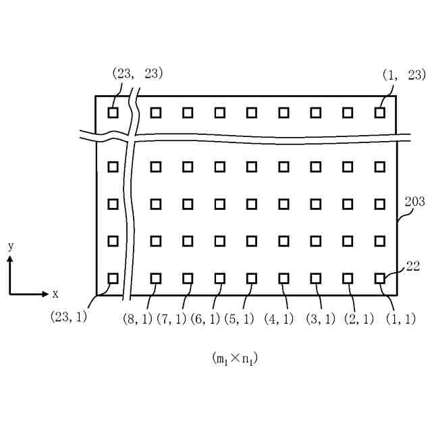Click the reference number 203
414,201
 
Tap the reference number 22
412,267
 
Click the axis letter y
11,246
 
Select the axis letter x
55,294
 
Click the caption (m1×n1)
235,358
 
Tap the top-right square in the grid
380,112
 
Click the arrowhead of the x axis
45,294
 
